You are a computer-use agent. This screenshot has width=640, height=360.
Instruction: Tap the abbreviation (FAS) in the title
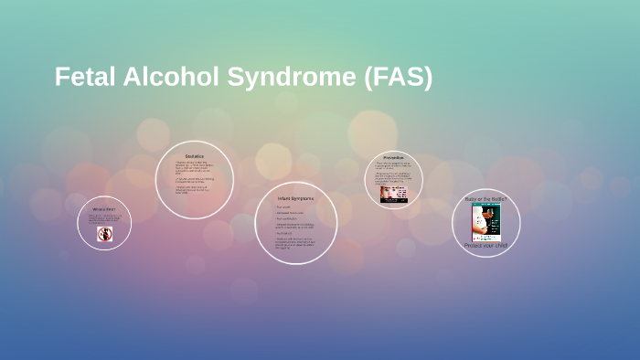(x=398, y=78)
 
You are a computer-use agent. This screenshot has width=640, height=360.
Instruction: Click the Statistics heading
(x=195, y=156)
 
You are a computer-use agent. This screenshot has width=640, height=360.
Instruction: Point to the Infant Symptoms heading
(x=295, y=198)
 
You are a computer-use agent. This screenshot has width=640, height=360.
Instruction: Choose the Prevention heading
(x=394, y=157)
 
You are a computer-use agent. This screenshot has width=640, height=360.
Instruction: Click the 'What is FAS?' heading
(x=103, y=209)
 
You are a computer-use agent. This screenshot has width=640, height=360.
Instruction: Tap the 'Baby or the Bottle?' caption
(x=485, y=198)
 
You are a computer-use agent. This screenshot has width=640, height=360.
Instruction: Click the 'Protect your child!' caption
(x=485, y=245)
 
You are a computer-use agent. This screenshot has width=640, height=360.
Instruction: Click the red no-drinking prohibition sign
(x=104, y=234)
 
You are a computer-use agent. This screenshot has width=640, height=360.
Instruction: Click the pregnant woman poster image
(x=485, y=222)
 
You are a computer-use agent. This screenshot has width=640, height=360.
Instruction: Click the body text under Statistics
(x=194, y=178)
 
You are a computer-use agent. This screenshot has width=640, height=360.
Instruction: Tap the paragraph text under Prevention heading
(x=394, y=172)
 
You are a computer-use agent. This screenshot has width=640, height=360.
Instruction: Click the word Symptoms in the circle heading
(x=303, y=198)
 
